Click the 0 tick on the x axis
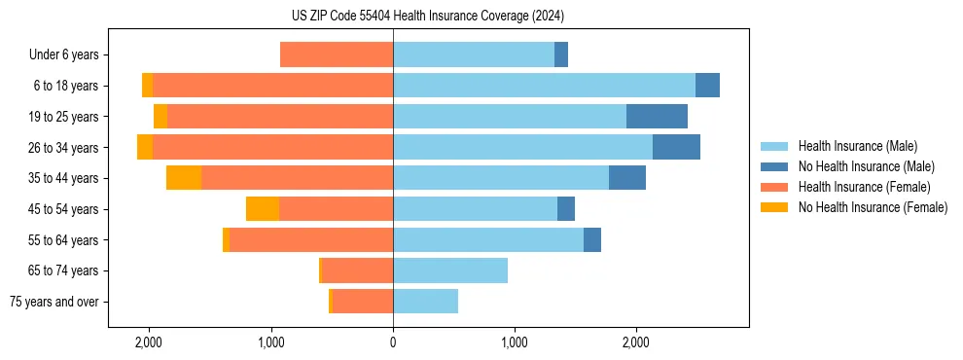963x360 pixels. point(393,342)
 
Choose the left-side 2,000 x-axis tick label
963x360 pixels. point(149,342)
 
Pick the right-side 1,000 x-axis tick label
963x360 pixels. point(515,342)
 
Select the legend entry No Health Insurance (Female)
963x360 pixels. point(873,207)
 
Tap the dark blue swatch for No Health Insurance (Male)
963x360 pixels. point(773,166)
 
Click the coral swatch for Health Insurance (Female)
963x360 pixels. point(773,187)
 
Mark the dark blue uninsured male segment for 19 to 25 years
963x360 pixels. point(657,117)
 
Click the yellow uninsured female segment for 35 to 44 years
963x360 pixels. point(184,178)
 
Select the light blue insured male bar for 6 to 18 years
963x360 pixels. point(544,86)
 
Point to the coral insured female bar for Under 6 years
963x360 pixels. point(337,55)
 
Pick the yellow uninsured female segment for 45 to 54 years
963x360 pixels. point(263,209)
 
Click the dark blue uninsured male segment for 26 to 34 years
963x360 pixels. point(676,147)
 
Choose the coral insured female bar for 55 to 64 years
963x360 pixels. point(311,239)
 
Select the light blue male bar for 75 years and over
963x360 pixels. point(425,302)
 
